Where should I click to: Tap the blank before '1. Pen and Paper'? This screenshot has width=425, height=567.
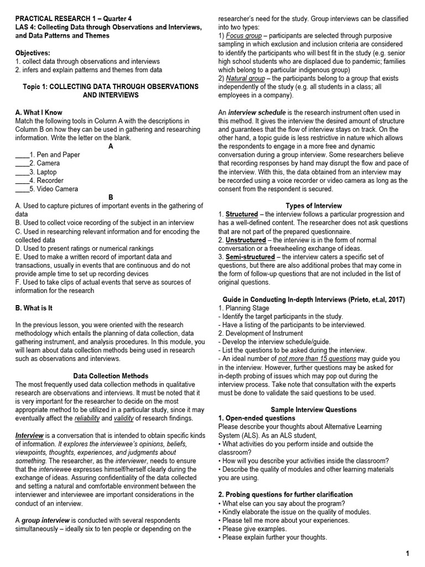click(x=22, y=155)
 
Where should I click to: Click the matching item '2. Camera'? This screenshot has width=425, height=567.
click(x=44, y=163)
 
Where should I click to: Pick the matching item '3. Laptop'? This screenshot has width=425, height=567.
click(x=44, y=172)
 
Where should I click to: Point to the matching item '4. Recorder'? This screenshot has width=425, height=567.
click(x=46, y=181)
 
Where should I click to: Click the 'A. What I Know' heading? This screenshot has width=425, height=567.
click(x=39, y=112)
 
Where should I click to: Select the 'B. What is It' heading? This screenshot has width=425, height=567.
click(x=34, y=307)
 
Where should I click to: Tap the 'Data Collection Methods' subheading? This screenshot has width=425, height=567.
click(x=111, y=376)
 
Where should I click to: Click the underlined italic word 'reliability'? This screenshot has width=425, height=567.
click(x=87, y=419)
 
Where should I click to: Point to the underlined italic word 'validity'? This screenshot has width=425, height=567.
click(x=124, y=419)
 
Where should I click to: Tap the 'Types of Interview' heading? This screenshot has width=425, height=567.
click(x=314, y=205)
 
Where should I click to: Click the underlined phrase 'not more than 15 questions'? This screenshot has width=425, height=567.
click(x=317, y=359)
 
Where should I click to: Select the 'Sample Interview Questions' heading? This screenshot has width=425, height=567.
click(x=314, y=410)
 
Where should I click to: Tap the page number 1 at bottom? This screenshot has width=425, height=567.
click(x=407, y=554)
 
